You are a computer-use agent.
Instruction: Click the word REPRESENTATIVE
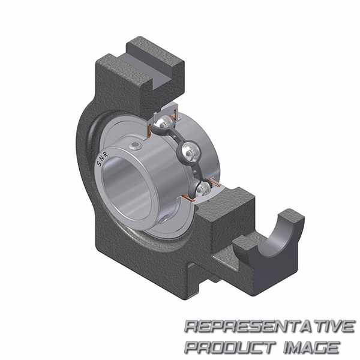pos(270,326)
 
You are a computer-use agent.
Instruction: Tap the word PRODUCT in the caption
pos(230,347)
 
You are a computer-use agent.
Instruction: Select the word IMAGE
pos(311,347)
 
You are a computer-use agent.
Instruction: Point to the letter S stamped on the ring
pos(99,164)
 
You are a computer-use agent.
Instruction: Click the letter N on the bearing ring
pos(102,158)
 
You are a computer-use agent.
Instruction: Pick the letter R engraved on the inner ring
pos(106,154)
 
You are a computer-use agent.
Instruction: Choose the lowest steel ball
pos(203,189)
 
